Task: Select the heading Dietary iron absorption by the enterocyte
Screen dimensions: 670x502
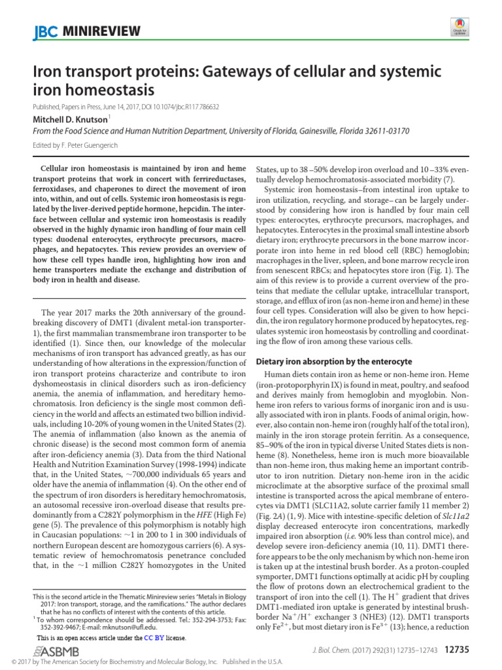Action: pyautogui.click(x=333, y=361)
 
